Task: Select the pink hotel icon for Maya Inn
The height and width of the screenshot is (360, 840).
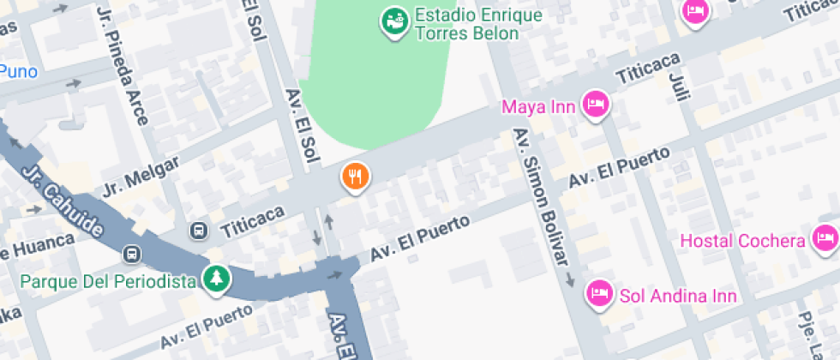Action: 595,105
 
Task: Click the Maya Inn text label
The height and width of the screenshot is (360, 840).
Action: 538,107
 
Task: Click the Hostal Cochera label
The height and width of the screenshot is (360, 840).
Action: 743,241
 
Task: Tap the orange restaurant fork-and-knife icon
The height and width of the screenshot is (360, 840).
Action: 356,177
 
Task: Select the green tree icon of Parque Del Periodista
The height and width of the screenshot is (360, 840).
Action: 216,278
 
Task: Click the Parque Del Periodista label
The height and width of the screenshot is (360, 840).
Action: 108,281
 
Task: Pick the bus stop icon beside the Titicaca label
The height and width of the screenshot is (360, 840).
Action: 199,231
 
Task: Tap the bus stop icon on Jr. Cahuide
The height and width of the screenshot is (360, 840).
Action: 132,255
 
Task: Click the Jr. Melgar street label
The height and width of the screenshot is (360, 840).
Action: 141,176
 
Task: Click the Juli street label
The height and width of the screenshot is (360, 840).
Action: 677,84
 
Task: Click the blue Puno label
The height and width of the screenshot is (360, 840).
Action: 18,70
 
